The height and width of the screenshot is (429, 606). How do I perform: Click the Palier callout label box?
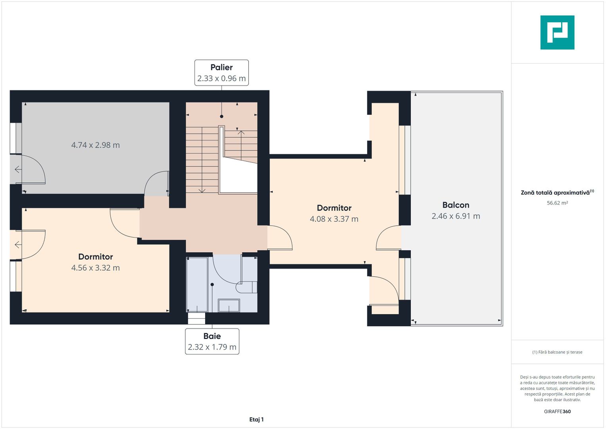pyautogui.click(x=221, y=73)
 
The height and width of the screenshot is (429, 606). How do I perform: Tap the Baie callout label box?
pyautogui.click(x=212, y=341)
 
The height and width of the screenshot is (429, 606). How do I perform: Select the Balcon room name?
pyautogui.click(x=456, y=205)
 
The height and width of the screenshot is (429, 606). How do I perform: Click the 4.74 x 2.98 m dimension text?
pyautogui.click(x=96, y=145)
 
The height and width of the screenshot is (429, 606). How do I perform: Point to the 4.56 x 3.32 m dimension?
pyautogui.click(x=96, y=268)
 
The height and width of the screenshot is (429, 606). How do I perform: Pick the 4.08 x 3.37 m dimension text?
pyautogui.click(x=334, y=219)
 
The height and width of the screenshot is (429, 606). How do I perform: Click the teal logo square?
pyautogui.click(x=557, y=33)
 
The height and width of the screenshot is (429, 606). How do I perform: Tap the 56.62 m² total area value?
pyautogui.click(x=557, y=203)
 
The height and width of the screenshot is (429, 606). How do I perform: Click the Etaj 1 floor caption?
pyautogui.click(x=256, y=419)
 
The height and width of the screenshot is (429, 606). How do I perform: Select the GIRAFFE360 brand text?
pyautogui.click(x=557, y=412)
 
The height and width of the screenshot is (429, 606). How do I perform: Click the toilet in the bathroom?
pyautogui.click(x=246, y=287)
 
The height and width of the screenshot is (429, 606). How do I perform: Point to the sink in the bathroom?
pyautogui.click(x=229, y=305)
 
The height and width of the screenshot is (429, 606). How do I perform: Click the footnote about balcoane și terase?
pyautogui.click(x=557, y=352)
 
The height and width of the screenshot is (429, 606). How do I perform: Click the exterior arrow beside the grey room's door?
pyautogui.click(x=18, y=170)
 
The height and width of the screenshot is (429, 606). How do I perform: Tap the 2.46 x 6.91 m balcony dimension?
pyautogui.click(x=456, y=216)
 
